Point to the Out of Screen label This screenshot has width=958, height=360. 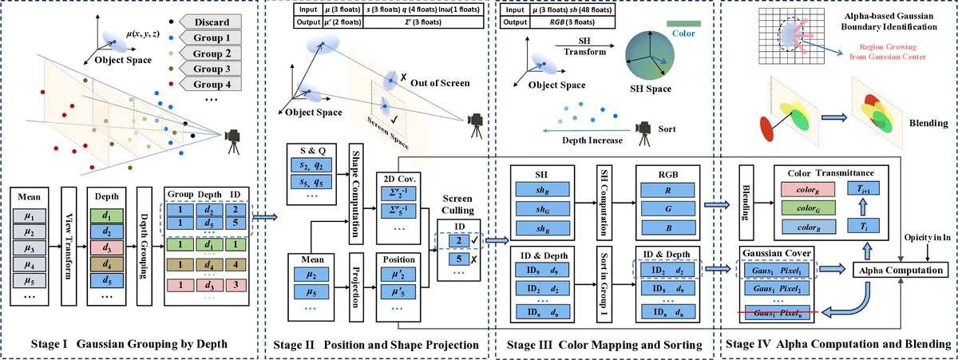(445, 82)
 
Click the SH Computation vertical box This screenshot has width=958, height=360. (604, 199)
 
